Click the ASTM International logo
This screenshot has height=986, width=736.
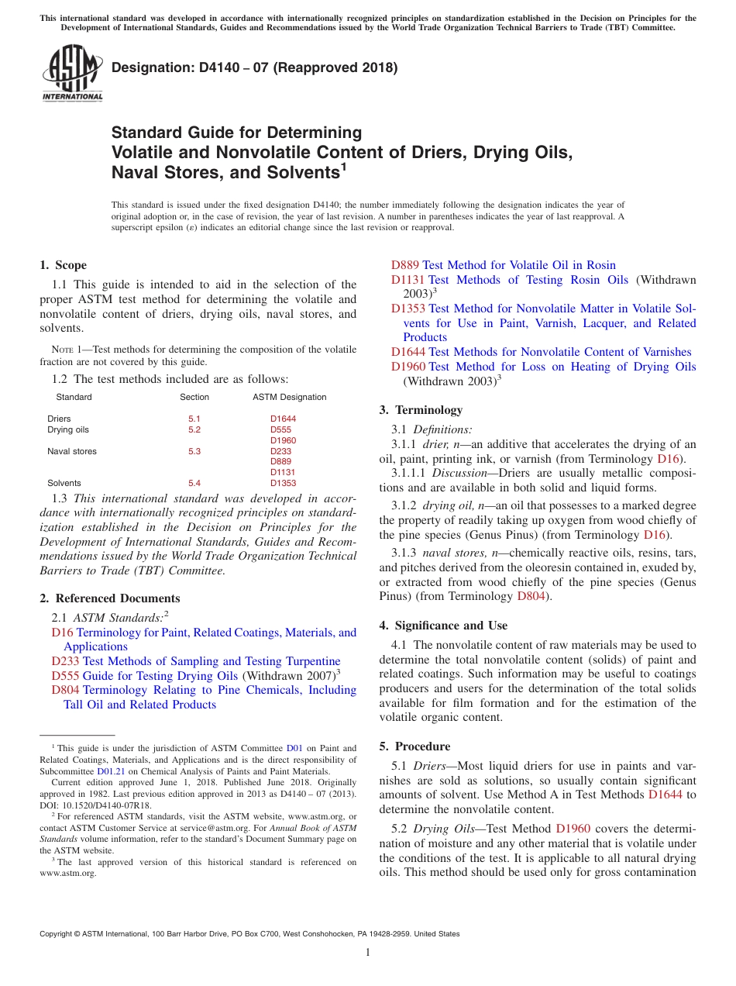pos(71,73)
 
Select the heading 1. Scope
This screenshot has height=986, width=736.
pos(64,265)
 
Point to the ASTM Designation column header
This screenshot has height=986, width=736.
pos(289,397)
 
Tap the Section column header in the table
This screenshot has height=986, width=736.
pos(194,397)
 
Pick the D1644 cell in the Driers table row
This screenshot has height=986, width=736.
pos(283,419)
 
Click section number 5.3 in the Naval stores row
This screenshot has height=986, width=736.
pos(194,451)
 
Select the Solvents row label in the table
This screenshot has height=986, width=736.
pos(64,483)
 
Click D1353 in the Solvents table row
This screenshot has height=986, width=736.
pos(283,483)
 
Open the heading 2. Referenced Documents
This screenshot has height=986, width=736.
pos(109,598)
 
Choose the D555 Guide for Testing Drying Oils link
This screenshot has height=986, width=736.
pos(144,676)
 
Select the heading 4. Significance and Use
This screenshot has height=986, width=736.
pos(443,626)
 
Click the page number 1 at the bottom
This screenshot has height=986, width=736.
pos(368,953)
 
